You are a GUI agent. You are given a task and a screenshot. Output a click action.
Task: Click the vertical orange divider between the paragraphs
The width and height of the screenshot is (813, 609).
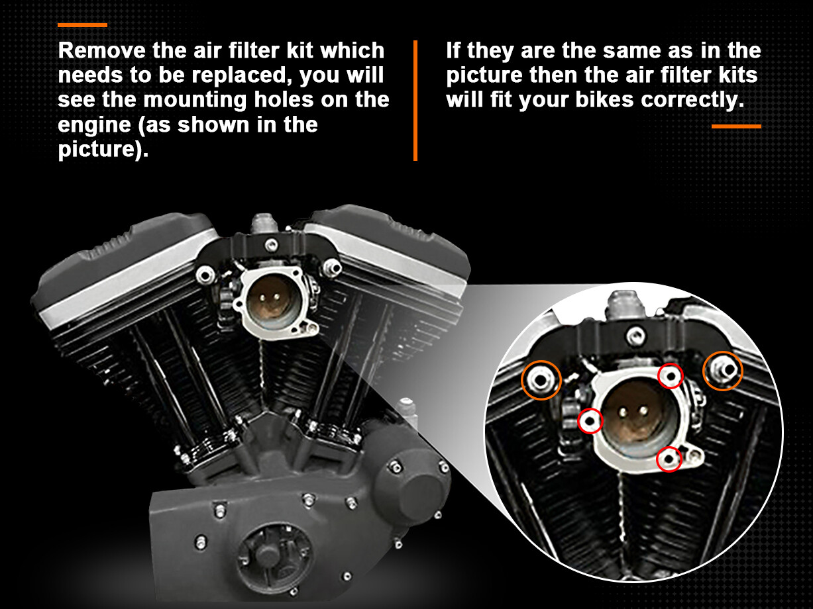[x=415, y=101]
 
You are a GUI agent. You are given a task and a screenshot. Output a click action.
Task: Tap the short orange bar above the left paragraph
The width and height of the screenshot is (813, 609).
[x=82, y=25]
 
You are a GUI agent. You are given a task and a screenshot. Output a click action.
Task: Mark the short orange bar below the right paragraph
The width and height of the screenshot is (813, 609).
[x=736, y=126]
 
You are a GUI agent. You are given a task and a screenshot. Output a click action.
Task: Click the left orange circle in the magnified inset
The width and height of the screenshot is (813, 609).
[x=541, y=380]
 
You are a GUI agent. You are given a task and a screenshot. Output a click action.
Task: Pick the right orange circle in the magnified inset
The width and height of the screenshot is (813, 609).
[x=722, y=370]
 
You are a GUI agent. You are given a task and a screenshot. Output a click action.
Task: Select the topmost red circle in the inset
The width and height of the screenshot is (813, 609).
[x=670, y=376]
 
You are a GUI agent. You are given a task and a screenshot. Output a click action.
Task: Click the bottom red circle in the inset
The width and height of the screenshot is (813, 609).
[x=669, y=459]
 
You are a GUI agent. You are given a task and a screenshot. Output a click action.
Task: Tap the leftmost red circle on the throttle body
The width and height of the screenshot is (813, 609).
[x=590, y=420]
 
